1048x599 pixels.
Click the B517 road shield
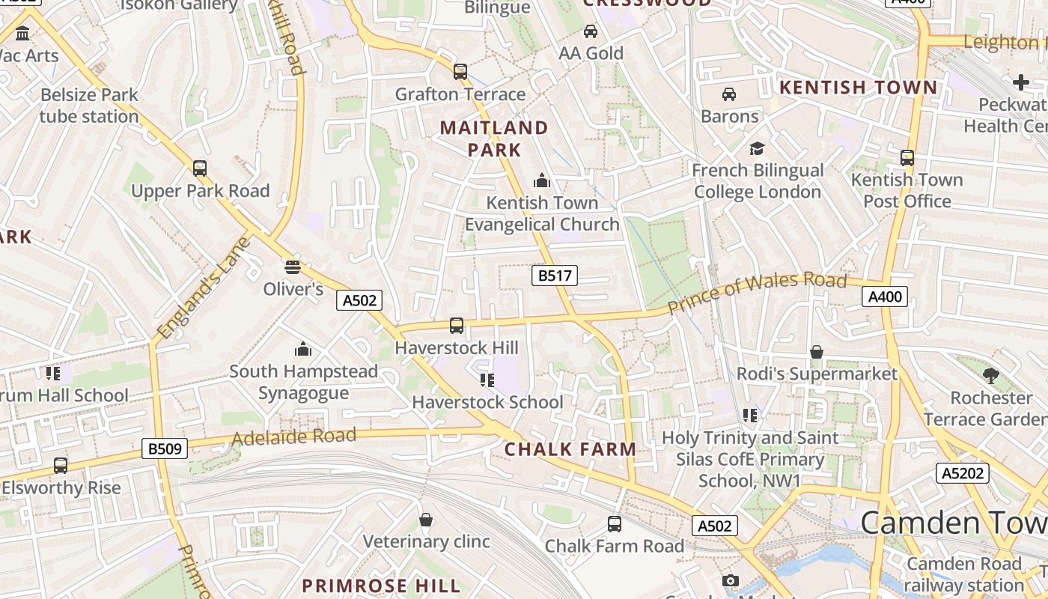tap(555, 276)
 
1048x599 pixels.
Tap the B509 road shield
tap(164, 449)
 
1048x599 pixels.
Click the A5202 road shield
tap(962, 472)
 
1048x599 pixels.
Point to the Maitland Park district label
tap(494, 139)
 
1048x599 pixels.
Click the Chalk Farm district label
tap(570, 449)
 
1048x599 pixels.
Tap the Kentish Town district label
tap(858, 88)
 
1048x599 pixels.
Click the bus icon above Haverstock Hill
tap(457, 326)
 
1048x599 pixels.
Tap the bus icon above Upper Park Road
tap(200, 168)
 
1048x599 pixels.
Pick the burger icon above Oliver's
tap(293, 267)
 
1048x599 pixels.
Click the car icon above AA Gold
tap(591, 31)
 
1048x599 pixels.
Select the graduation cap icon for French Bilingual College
tap(758, 148)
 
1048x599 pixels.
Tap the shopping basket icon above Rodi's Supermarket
tap(817, 352)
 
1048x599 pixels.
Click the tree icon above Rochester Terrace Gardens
tap(991, 375)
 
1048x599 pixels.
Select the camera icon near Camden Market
tap(730, 581)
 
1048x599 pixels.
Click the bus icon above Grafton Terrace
tap(460, 72)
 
